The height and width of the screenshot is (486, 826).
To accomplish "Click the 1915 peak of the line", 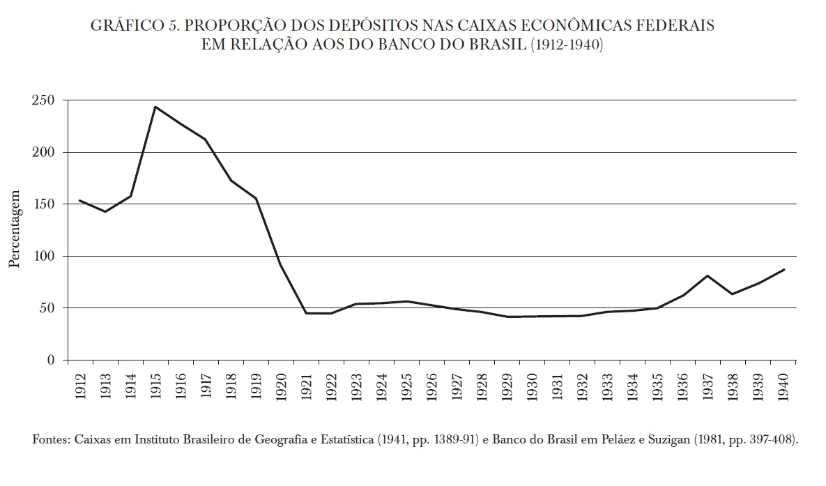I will click(x=155, y=107).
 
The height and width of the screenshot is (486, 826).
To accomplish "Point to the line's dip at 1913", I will click(x=105, y=211).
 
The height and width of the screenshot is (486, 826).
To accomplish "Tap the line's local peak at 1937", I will click(x=707, y=275).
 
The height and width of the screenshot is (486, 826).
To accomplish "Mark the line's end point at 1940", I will click(x=784, y=269).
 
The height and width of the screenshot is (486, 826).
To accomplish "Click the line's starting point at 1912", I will click(x=80, y=200).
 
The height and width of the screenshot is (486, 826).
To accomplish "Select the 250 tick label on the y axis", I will click(x=43, y=100).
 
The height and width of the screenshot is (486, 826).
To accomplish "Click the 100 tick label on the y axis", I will click(x=43, y=256).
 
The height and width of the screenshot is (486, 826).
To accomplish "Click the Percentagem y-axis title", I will click(x=15, y=229).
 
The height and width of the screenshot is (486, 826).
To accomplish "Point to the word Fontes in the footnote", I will click(x=49, y=441).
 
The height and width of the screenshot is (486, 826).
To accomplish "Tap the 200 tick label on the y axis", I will click(x=43, y=152).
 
